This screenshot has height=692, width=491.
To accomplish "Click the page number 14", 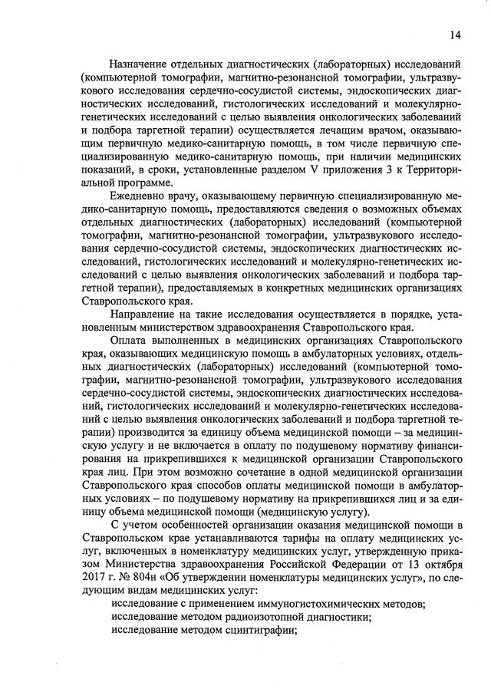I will (x=456, y=34).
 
